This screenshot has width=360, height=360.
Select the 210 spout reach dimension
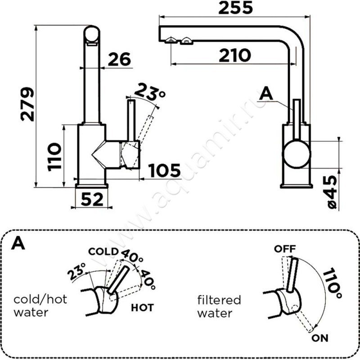[234, 55]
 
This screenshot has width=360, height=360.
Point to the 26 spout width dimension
[119, 59]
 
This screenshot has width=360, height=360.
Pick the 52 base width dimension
[92, 198]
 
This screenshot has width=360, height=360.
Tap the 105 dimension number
[164, 171]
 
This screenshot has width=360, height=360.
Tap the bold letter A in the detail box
[19, 243]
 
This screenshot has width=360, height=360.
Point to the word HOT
[143, 308]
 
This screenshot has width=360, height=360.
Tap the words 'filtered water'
[220, 306]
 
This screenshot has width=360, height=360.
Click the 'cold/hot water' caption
[40, 306]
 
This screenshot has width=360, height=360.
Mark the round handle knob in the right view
[296, 153]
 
